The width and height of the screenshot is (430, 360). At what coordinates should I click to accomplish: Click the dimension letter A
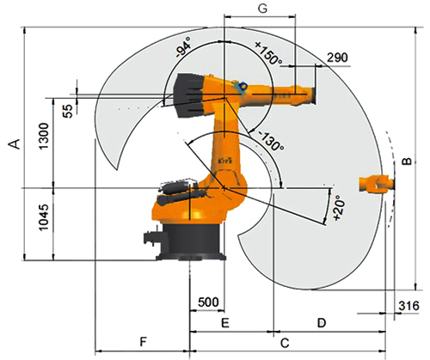click(16, 144)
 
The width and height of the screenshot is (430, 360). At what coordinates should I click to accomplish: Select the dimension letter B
click(407, 162)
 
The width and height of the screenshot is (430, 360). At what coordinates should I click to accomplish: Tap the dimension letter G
click(262, 9)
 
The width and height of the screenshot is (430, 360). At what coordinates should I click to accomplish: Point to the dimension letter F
click(143, 341)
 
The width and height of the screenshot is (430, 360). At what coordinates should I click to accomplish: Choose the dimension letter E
click(225, 323)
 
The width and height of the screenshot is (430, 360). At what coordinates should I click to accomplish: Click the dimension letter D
click(322, 323)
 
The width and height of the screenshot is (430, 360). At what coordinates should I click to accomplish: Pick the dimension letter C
click(285, 343)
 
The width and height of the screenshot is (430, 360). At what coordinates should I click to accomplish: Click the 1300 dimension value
click(44, 136)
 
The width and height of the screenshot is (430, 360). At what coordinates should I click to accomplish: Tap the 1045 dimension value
click(44, 217)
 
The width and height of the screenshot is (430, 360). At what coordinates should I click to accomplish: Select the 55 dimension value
click(68, 110)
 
